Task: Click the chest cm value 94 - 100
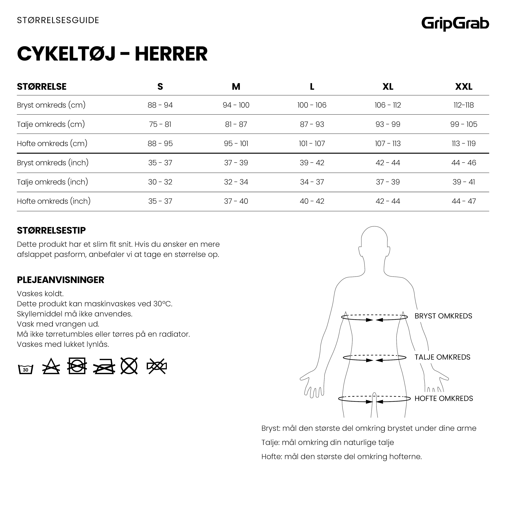(236, 105)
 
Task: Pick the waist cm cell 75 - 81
(160, 124)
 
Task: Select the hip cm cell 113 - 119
(463, 144)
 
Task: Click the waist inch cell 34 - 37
(312, 182)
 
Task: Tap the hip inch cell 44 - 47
(463, 201)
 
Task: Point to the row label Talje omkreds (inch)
(52, 182)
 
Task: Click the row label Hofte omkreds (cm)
(52, 144)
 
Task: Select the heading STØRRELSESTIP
(51, 230)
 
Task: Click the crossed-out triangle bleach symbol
(51, 366)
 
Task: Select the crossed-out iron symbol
(104, 366)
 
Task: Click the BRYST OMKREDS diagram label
(443, 316)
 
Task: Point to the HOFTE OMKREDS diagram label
(444, 399)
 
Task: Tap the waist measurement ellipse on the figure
(374, 358)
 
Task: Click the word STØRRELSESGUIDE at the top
(58, 20)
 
